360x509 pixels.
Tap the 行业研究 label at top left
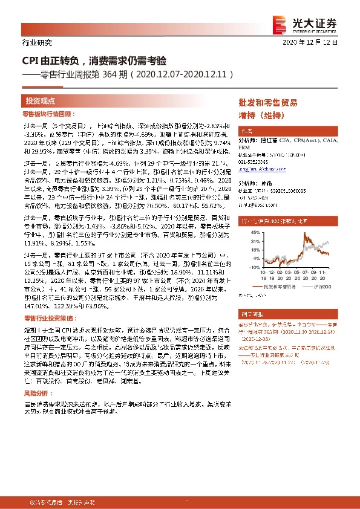coord(37,42)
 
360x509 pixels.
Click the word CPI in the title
coord(30,61)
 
